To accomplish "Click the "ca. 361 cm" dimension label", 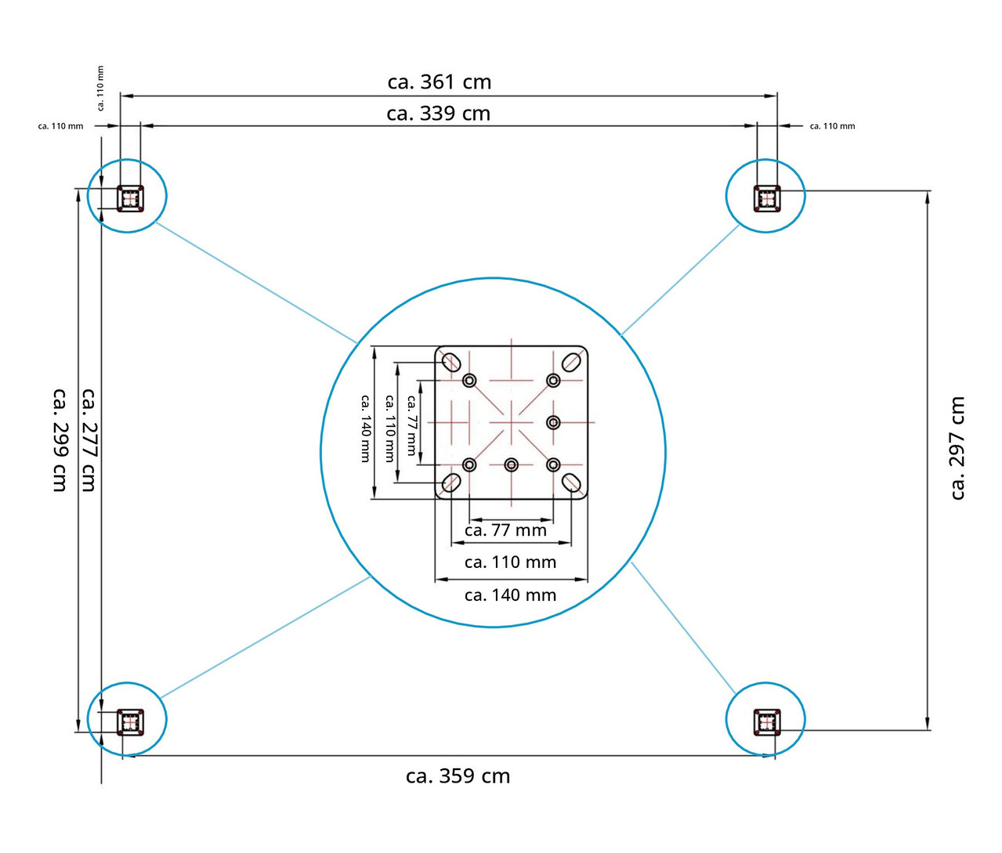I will coord(440,82).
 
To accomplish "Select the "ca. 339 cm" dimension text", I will coord(438,114).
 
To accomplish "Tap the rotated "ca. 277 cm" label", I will coord(89,439).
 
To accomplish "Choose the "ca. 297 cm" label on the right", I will coord(957,448).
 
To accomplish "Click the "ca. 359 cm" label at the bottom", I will coord(458,776).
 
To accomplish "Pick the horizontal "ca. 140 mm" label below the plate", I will coord(510,595).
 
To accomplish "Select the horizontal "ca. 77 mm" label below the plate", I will coord(505,530).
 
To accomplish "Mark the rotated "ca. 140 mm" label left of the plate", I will coord(366,428).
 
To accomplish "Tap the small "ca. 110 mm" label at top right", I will coord(832,126).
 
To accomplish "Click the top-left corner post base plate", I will coord(130,198).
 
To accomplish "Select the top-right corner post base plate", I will coord(767,198).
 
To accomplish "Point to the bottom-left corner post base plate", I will coord(130,721).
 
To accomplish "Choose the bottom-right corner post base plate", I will coord(767,721).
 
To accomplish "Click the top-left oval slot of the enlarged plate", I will coord(451,362).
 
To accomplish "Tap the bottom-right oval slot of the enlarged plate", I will coord(572,483).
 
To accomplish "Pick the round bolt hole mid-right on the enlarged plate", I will coord(553,422).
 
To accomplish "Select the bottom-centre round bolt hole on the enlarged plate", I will coord(512,464).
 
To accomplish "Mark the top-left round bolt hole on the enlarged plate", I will coord(469,381).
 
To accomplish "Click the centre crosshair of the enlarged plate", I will coord(512,422).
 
